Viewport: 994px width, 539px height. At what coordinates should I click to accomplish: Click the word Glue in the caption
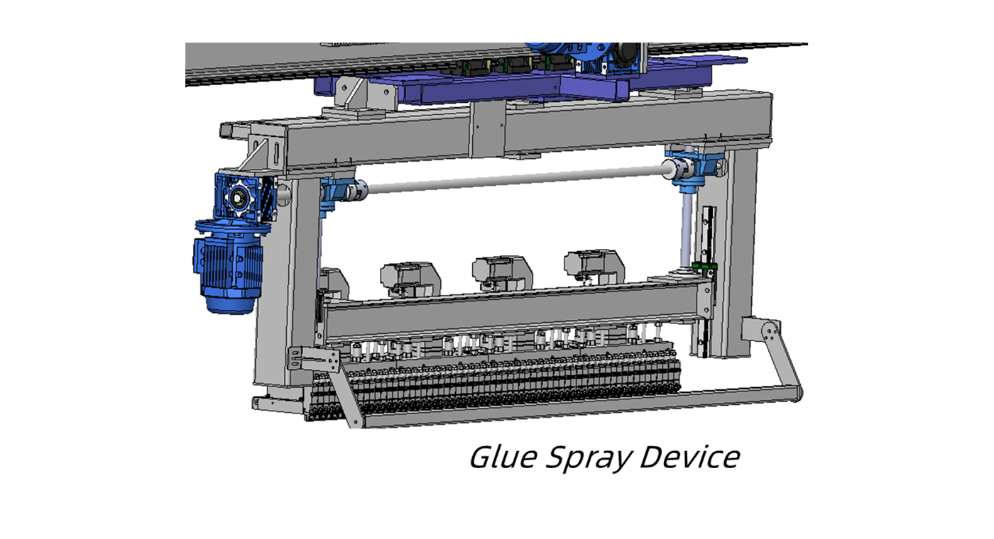point(502,457)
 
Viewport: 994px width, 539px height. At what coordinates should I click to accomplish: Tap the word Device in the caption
point(689,457)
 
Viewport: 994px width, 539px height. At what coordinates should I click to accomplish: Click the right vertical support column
point(738,248)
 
